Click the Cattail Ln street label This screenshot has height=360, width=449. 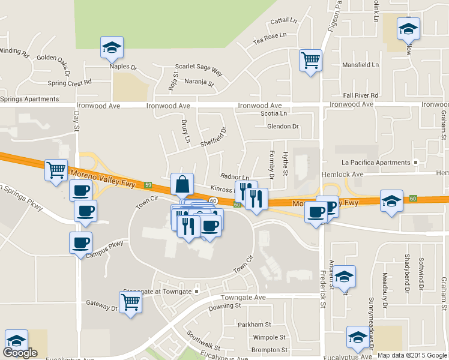pos(284,20)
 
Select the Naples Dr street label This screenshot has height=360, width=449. pos(124,67)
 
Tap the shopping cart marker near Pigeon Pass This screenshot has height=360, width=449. pos(310,60)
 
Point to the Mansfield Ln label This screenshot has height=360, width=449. pos(360,64)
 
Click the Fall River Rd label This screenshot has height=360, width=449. pos(360,95)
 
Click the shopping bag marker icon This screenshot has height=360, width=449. pos(182,185)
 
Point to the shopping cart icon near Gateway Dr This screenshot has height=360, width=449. pos(130,304)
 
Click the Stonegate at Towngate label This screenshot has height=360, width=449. pos(158,291)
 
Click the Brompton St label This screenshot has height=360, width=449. pos(270,349)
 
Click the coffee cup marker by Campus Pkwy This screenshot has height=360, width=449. pos(80,242)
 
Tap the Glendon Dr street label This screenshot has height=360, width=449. pos(283,127)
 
